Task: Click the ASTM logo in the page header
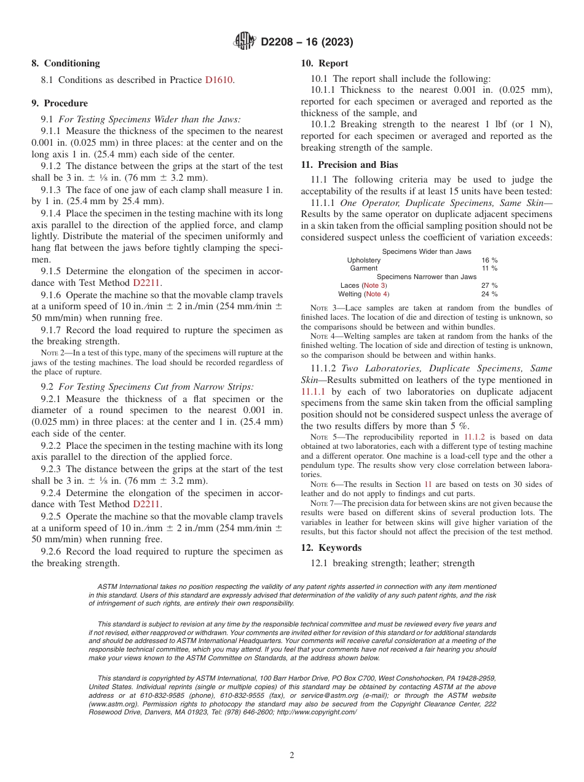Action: coord(245,42)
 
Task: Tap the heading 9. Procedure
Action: coord(60,103)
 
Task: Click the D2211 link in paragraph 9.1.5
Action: coord(146,283)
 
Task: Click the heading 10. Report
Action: coord(324,63)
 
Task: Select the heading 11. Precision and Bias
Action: coord(349,165)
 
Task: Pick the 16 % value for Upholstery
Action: coord(489,260)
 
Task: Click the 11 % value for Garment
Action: coord(489,269)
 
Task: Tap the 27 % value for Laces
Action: coord(489,285)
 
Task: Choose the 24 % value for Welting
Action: coord(489,294)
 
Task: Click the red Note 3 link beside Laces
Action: coord(375,285)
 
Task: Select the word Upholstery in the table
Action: coord(364,260)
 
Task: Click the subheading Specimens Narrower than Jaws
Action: coord(427,277)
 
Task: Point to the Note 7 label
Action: coord(322,504)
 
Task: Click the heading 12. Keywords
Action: coord(331,548)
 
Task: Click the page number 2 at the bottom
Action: coord(292,756)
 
